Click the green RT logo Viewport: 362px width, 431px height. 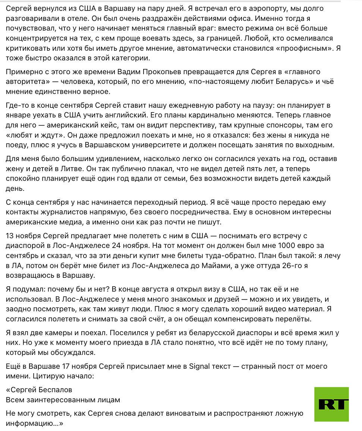[x=331, y=404]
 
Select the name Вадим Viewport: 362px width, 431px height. [x=131, y=72]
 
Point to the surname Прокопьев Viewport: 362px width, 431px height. [x=167, y=72]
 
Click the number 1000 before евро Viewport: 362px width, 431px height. [x=274, y=246]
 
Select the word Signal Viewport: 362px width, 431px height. [x=201, y=366]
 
